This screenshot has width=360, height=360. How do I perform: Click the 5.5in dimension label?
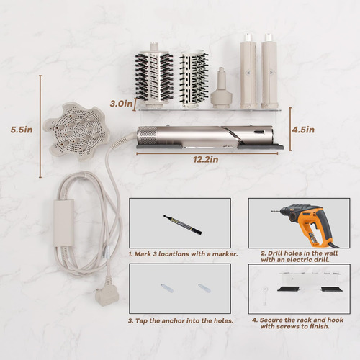22,130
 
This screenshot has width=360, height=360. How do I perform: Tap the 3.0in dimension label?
121,104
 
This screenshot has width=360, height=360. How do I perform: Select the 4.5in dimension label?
303,130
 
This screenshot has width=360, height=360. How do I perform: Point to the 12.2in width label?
206,159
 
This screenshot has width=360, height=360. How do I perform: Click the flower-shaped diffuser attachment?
76,132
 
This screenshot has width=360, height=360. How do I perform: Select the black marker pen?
182,225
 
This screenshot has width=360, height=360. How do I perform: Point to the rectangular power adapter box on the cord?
63,222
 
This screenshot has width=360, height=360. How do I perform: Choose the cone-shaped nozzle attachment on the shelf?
221,89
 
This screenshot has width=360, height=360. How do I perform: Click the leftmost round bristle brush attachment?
154,75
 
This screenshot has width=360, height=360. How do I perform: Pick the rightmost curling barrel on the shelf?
269,71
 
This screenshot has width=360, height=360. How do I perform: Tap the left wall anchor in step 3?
167,288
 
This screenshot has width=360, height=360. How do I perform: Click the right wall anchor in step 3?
204,288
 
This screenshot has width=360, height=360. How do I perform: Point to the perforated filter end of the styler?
147,136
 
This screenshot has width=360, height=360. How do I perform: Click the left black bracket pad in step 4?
289,289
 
